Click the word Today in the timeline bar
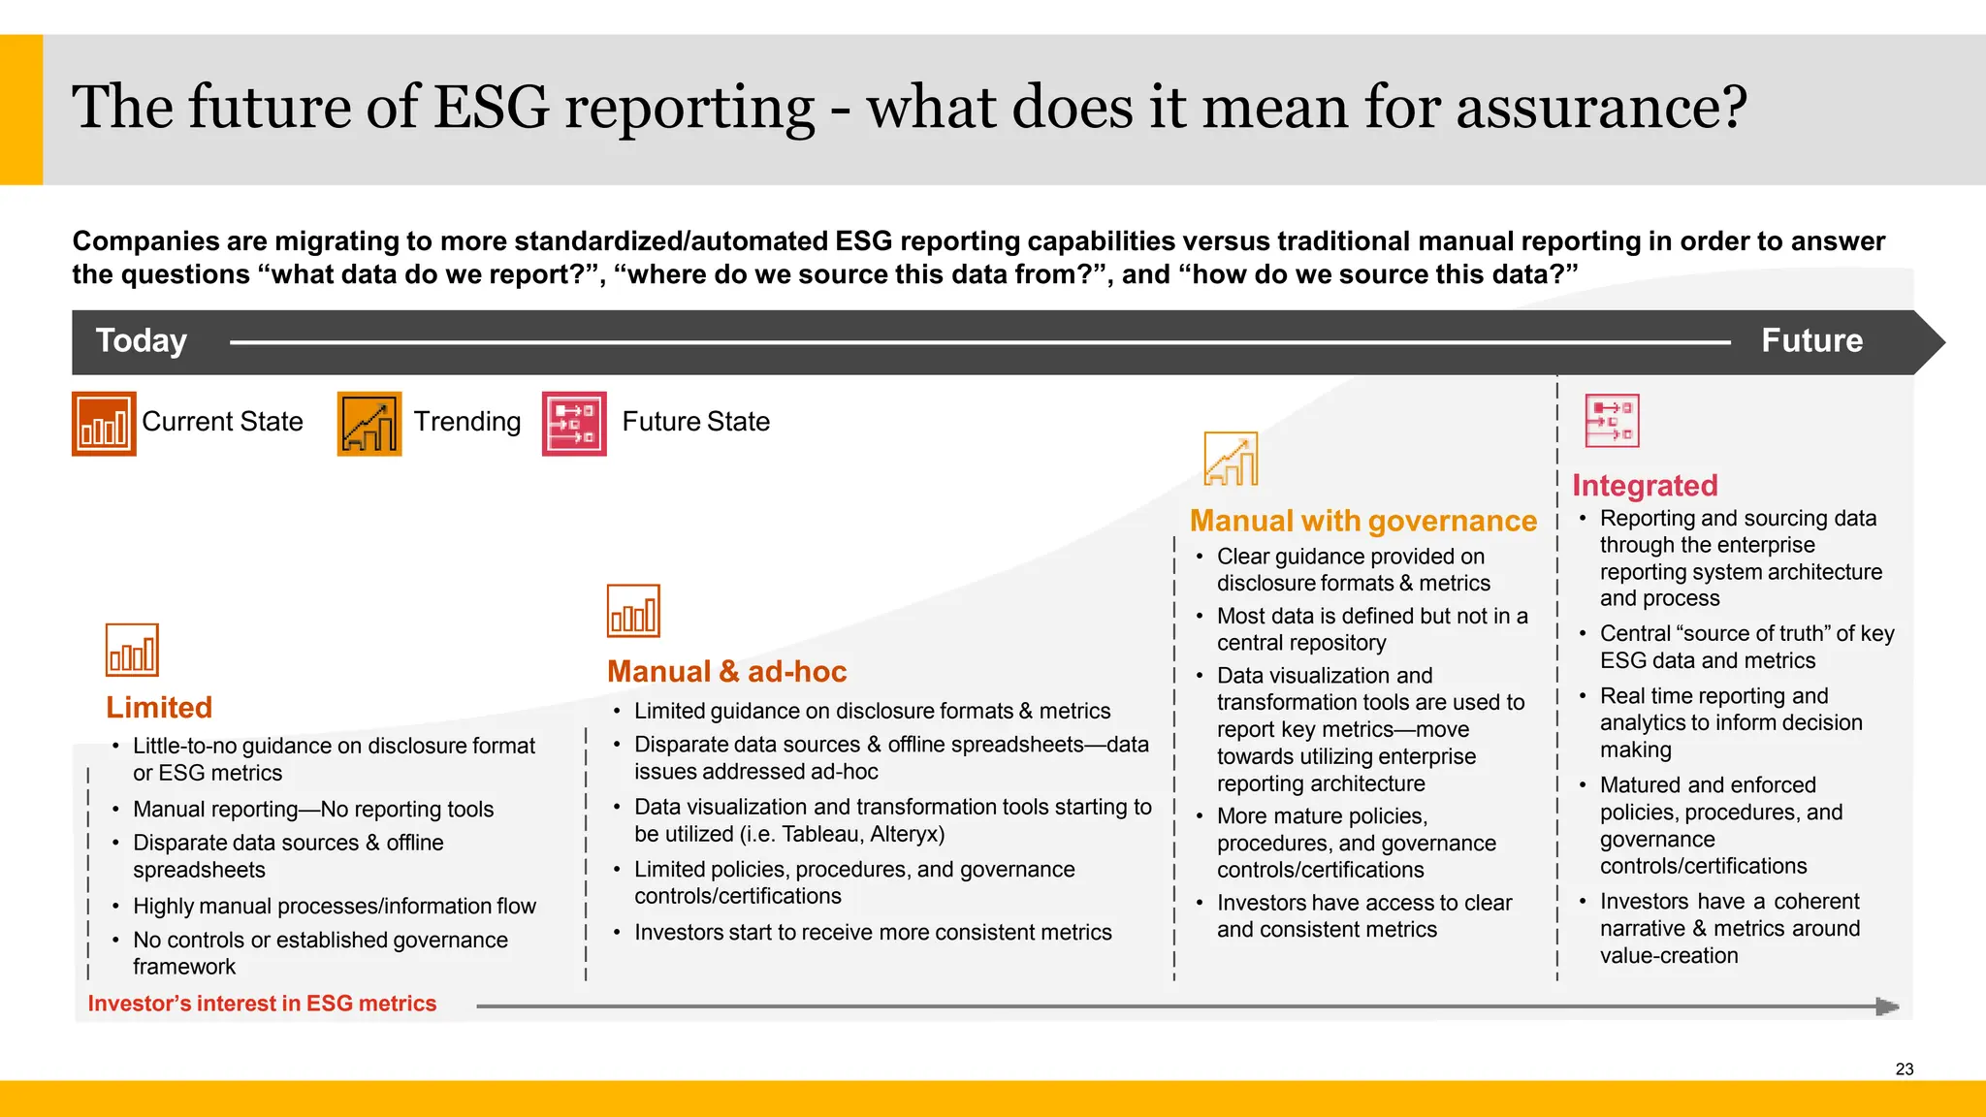click(142, 341)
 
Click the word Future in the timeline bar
click(1811, 341)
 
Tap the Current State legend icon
click(104, 424)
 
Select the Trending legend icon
click(369, 424)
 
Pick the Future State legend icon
click(574, 424)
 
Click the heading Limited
click(159, 708)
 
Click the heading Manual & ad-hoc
click(726, 672)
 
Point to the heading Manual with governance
click(1362, 521)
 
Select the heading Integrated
click(1645, 485)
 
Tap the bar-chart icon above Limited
click(132, 650)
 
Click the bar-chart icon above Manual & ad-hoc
click(633, 611)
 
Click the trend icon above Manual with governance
click(1231, 459)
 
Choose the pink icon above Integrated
click(1612, 421)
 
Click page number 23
click(1904, 1069)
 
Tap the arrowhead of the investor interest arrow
click(1886, 1006)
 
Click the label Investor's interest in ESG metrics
click(262, 1004)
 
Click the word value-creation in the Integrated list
click(1668, 956)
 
